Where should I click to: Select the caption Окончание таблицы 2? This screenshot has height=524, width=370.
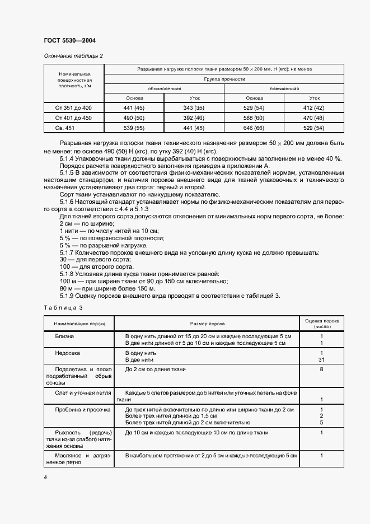point(73,56)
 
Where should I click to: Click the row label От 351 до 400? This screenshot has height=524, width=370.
point(73,107)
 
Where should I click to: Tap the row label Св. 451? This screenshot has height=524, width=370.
point(73,128)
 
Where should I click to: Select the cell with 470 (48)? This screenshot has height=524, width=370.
point(314,118)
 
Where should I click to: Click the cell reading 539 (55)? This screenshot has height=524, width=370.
point(134,128)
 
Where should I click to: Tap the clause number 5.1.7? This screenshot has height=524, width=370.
point(68,252)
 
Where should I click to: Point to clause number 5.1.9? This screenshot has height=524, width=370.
point(68,296)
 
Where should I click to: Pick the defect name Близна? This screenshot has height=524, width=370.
point(64,336)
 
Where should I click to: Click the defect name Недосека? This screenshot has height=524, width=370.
point(67,353)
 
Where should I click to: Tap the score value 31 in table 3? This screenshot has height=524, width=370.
point(321,360)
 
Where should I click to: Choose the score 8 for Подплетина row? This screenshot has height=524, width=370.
point(321,370)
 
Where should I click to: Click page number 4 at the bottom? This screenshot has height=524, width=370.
point(45,477)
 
